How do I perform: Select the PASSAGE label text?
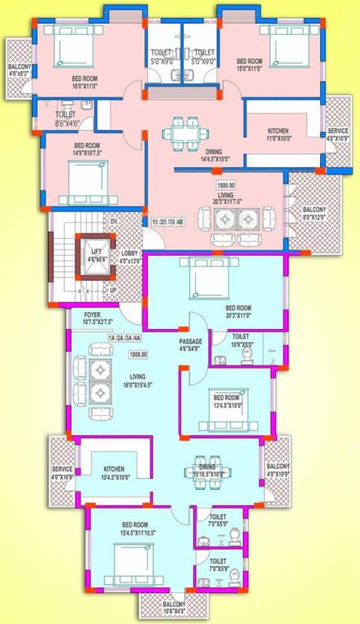point(190,344)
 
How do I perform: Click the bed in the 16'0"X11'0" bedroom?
point(64,46)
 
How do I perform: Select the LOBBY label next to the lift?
point(131,258)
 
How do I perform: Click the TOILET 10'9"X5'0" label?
point(241,339)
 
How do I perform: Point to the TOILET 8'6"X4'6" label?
point(66,119)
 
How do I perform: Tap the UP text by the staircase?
point(113,290)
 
